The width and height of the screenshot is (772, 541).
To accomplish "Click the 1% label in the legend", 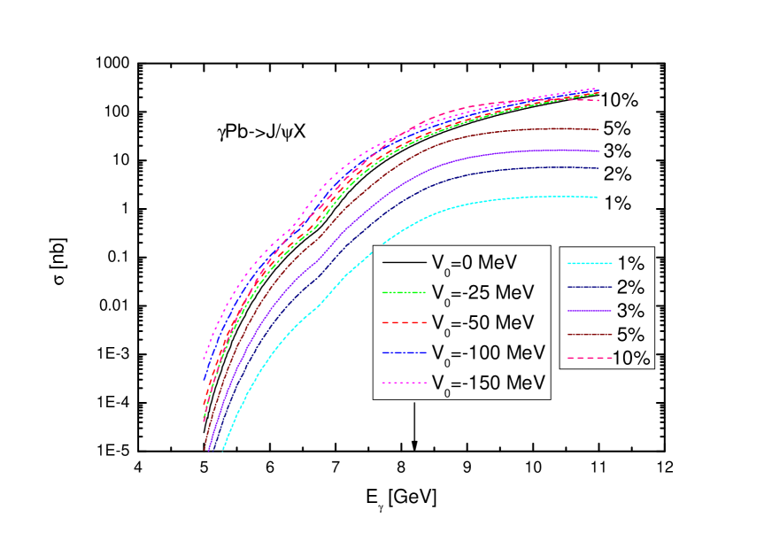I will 629,263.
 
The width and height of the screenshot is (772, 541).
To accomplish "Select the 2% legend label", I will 629,287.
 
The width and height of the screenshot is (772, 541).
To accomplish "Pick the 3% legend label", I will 629,311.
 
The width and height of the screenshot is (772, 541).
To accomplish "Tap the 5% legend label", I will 629,335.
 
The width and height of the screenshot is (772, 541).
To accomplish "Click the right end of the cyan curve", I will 598,197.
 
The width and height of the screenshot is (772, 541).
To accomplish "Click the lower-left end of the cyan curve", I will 222,449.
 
